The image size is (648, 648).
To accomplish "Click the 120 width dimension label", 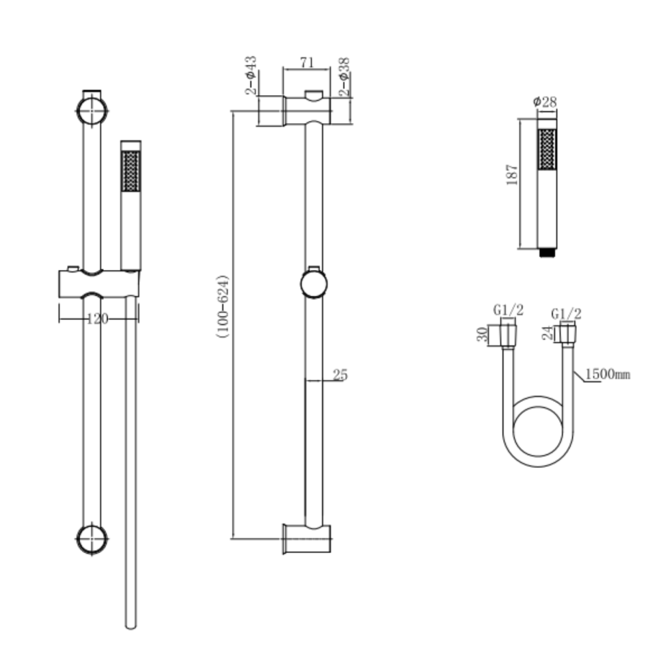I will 96,319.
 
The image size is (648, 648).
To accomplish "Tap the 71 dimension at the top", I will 307,63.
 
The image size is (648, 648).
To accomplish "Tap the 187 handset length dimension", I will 512,174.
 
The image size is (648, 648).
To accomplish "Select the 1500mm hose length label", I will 607,374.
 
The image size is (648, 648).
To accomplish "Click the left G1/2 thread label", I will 508,310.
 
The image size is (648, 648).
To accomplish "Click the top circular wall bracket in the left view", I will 92,111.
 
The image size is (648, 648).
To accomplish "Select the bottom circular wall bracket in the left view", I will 92,538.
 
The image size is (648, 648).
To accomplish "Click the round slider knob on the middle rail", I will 312,283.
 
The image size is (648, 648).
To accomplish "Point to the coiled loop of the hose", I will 541,439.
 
